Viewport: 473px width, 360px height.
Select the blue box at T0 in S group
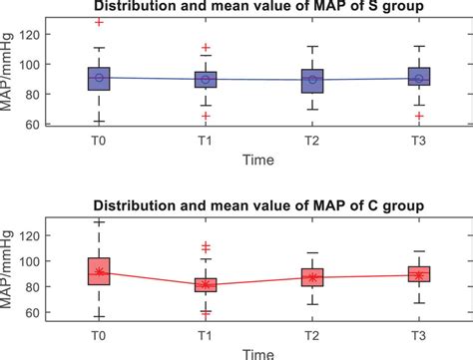pos(98,79)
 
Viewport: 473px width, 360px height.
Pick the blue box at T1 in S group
pos(205,81)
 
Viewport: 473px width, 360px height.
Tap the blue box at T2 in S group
pos(312,81)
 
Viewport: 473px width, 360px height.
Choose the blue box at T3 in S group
pos(419,79)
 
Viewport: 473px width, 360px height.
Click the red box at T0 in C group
pos(98,271)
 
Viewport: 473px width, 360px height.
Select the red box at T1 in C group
pos(205,285)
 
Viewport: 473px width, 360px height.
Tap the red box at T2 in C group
pos(312,277)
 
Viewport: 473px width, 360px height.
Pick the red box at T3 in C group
pos(419,274)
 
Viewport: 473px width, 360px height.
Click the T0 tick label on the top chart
pos(98,140)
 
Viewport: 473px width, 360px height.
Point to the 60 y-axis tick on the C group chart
pos(56,313)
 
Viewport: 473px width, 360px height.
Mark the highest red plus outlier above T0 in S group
pos(98,22)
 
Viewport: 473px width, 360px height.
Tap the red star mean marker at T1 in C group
pos(205,284)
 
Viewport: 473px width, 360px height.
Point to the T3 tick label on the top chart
pos(419,140)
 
